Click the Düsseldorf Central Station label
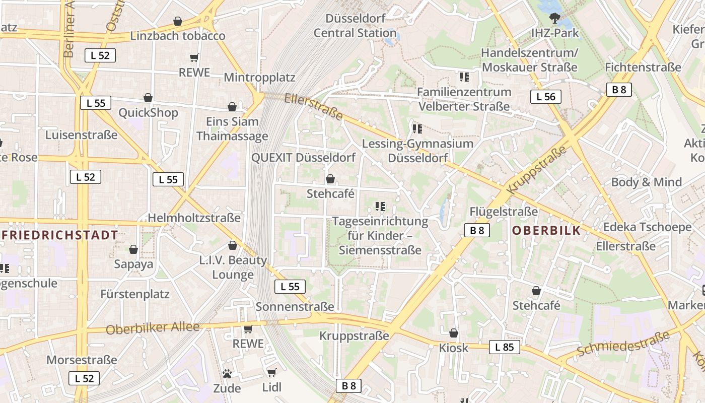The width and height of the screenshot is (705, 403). click(355, 26)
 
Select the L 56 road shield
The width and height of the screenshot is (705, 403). click(545, 97)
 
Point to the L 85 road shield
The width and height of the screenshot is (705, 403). click(504, 347)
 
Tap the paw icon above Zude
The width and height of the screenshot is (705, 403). click(227, 374)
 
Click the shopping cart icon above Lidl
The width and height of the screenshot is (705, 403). click(272, 372)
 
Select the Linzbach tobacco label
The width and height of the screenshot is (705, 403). click(178, 36)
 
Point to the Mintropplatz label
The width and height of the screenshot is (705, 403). click(259, 78)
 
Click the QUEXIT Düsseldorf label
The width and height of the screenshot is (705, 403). click(303, 157)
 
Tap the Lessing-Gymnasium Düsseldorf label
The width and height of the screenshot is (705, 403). click(418, 151)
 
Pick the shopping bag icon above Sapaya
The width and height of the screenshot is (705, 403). click(133, 249)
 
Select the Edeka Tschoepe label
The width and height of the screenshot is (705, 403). click(647, 227)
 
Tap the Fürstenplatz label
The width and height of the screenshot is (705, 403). click(135, 294)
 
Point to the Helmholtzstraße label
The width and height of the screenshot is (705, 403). click(194, 218)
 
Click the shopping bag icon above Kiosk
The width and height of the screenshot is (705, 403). click(454, 333)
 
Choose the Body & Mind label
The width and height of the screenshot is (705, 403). click(647, 182)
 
